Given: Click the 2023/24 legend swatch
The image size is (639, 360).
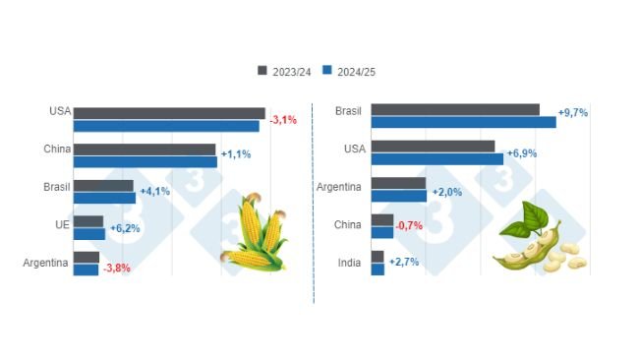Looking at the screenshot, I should [x=262, y=70].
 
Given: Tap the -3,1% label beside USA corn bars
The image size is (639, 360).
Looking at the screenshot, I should [x=283, y=119].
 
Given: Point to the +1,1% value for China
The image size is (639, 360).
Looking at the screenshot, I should [x=236, y=154].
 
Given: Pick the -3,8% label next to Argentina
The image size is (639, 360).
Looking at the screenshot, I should [x=116, y=268].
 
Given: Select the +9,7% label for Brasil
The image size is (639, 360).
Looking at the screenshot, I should [x=572, y=113].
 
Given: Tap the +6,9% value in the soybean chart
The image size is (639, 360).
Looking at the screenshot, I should [x=521, y=154].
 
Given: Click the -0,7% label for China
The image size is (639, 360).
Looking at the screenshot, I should [x=409, y=226].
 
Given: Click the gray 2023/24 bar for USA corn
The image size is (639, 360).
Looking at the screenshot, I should [x=169, y=113].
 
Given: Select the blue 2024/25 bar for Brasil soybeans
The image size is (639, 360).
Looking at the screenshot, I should [x=463, y=122].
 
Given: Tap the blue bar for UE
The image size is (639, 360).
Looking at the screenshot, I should [x=88, y=234].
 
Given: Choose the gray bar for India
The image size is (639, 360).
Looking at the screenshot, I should [x=378, y=257].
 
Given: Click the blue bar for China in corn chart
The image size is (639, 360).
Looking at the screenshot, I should [x=145, y=161].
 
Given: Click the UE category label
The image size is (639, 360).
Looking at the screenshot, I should [x=60, y=226].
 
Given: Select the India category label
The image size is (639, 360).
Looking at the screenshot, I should [x=349, y=262].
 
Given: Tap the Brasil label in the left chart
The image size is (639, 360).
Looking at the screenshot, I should [x=55, y=186].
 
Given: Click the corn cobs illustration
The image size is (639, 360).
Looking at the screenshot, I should [x=255, y=234].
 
